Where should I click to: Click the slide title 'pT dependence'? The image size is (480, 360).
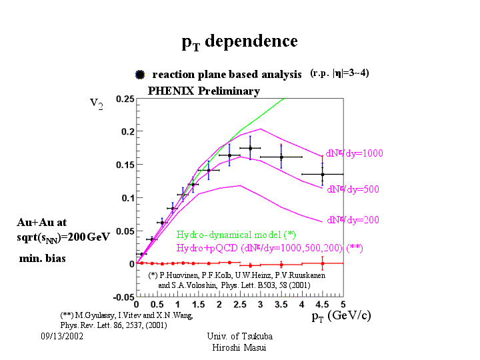(x=239, y=42)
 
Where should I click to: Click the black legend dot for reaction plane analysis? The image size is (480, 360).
(x=139, y=75)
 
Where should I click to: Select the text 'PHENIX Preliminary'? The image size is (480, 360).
(x=203, y=91)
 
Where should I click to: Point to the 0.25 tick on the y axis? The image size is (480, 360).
(x=123, y=99)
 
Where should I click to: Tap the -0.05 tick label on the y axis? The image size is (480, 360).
(x=121, y=297)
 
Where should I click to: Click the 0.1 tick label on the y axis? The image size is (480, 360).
(x=125, y=198)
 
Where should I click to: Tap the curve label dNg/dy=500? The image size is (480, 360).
(x=353, y=189)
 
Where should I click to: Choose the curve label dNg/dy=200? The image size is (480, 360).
(x=353, y=219)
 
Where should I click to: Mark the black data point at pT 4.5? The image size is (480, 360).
(x=323, y=174)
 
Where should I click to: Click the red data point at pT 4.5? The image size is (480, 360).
(x=323, y=263)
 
